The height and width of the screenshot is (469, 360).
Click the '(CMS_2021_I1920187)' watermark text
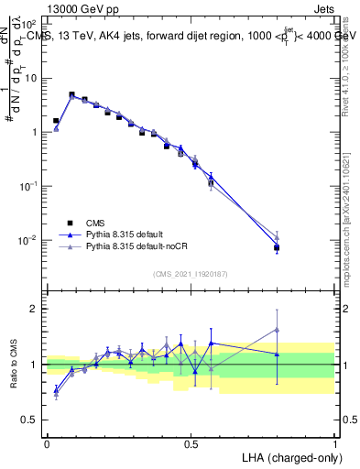tap(190, 273)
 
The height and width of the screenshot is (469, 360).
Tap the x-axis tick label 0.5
tap(191, 443)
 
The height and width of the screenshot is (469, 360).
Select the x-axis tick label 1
tap(334, 443)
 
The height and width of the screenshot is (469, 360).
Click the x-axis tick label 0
tap(47, 443)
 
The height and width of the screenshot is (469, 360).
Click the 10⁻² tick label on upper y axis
tap(29, 240)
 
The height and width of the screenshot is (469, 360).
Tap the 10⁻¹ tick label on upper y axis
tap(29, 186)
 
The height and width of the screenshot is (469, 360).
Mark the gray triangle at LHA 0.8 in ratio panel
tap(277, 330)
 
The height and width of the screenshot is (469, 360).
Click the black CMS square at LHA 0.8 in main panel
tap(277, 248)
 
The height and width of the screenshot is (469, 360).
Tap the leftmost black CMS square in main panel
tap(56, 121)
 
